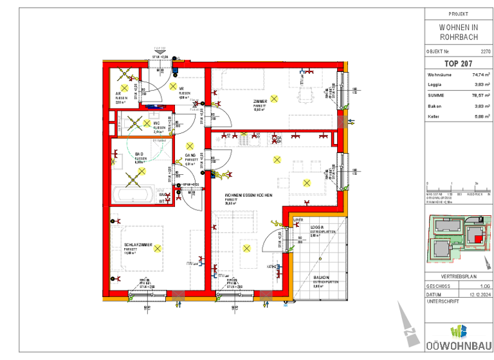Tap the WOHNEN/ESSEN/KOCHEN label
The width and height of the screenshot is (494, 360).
[248, 195]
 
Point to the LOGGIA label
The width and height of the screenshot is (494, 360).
[316, 228]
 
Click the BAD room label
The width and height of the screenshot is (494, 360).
[139, 154]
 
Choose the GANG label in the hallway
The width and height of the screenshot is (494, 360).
[190, 156]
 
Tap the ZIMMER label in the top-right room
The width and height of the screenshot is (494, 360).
[260, 102]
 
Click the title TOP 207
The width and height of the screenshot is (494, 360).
[458, 64]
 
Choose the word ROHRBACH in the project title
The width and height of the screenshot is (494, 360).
[458, 37]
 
